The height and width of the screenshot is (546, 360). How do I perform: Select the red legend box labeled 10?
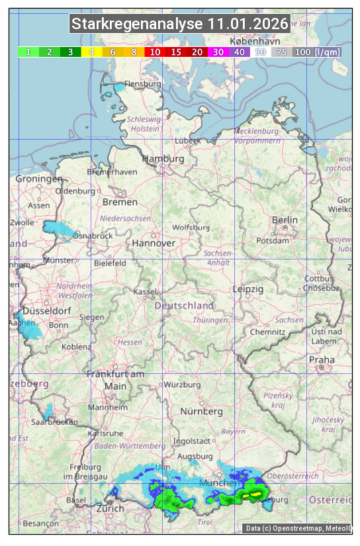(x=155, y=52)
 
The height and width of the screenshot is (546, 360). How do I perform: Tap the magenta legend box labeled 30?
(x=218, y=52)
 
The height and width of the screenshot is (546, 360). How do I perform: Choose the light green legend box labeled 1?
(x=28, y=52)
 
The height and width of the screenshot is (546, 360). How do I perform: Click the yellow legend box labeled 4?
(x=92, y=52)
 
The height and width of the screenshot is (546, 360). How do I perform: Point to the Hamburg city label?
(x=163, y=159)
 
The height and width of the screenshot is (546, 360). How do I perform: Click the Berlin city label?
(x=285, y=220)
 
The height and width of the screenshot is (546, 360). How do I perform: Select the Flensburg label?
(x=143, y=85)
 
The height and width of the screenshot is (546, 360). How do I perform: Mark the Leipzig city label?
(x=248, y=289)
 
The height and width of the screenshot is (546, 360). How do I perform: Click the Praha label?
(x=322, y=360)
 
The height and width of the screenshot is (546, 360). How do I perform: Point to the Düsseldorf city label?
(x=46, y=311)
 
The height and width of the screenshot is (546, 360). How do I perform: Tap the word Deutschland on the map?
(x=184, y=306)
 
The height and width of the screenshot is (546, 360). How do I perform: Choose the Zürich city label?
(x=110, y=508)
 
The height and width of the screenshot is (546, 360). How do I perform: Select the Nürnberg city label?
(x=202, y=411)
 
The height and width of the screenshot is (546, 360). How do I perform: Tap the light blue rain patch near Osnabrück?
(x=60, y=229)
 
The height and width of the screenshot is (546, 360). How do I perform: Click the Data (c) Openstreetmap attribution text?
(x=298, y=528)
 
